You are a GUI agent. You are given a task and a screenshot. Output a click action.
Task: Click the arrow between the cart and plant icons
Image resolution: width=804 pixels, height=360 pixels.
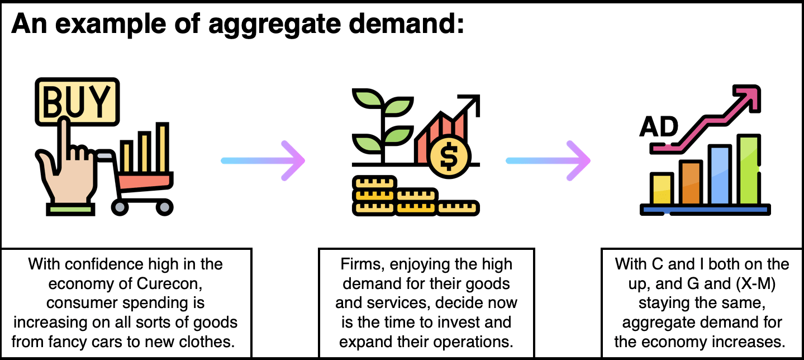point(263,160)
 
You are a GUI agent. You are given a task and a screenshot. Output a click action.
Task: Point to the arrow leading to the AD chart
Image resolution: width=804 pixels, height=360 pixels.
point(548,160)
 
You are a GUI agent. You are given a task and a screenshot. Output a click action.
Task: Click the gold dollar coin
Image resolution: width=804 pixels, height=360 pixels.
point(449,157)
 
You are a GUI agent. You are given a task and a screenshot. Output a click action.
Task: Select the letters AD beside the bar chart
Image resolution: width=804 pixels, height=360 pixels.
point(659,127)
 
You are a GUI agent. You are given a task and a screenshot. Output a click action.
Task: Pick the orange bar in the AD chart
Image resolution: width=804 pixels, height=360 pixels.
point(691,183)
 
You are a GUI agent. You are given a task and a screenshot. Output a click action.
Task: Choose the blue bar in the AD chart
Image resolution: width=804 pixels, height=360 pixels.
point(720,175)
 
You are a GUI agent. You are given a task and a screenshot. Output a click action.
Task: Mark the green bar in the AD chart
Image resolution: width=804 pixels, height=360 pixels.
point(749,169)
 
